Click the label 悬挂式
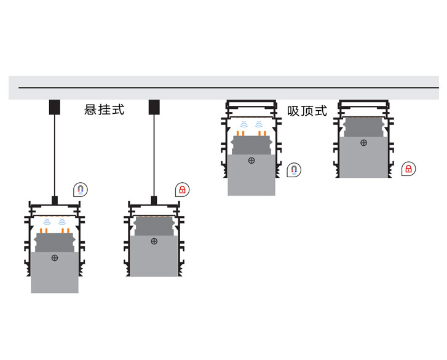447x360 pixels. click(x=105, y=110)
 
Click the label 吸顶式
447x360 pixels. click(x=307, y=111)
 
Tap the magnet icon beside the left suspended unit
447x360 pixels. click(x=81, y=190)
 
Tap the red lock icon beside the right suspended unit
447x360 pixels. click(x=182, y=190)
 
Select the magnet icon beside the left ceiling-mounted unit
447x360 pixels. click(x=294, y=170)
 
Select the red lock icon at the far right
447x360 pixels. click(x=408, y=169)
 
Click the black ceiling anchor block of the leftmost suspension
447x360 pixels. click(x=55, y=107)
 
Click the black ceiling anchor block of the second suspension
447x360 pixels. click(x=154, y=107)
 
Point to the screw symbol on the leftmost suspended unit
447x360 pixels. click(x=55, y=258)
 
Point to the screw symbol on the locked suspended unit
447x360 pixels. click(x=154, y=242)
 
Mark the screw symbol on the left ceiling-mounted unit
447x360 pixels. click(x=251, y=161)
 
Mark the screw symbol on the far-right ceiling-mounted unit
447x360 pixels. click(x=364, y=143)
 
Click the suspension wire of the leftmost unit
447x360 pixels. click(x=55, y=156)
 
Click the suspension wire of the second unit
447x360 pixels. click(x=154, y=156)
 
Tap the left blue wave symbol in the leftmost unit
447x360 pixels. click(x=47, y=222)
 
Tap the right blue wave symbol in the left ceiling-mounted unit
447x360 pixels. click(x=259, y=124)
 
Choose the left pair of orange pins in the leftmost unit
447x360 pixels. click(x=43, y=231)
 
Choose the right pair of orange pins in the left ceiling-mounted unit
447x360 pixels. click(x=263, y=133)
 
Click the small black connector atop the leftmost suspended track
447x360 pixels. click(x=55, y=201)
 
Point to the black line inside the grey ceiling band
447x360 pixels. click(x=229, y=87)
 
